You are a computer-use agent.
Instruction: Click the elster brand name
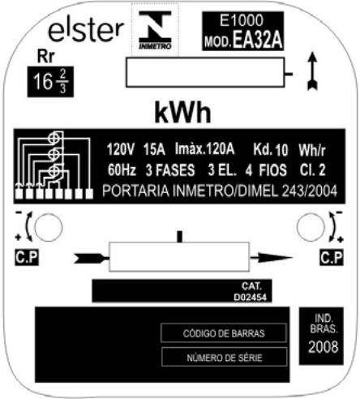click(x=86, y=31)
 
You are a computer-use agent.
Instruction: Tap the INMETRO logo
click(x=155, y=30)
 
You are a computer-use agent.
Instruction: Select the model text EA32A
click(x=258, y=40)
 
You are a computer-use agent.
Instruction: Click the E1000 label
click(x=242, y=20)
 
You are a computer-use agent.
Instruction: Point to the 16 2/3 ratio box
click(x=50, y=82)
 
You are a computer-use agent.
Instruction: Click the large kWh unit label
click(x=182, y=113)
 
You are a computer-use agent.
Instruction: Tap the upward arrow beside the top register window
click(x=313, y=71)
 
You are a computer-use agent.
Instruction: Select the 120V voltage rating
click(x=120, y=149)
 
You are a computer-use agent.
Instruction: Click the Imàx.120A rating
click(x=204, y=149)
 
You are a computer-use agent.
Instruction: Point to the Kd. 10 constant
click(x=271, y=150)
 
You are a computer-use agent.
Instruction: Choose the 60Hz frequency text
click(x=122, y=170)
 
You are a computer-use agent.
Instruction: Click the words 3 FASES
click(x=170, y=170)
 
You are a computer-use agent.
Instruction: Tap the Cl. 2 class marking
click(x=313, y=170)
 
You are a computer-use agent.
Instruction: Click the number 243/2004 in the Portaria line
click(x=310, y=191)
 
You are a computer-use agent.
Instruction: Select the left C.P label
click(x=27, y=257)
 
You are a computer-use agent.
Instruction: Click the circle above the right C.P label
click(x=311, y=227)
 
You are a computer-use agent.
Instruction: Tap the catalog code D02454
click(x=250, y=298)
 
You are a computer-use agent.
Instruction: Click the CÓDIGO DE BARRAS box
click(x=224, y=333)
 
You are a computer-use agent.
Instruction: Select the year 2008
click(x=323, y=347)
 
